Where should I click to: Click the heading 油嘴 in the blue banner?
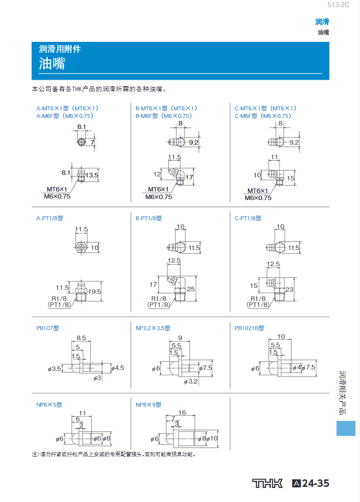[52, 64]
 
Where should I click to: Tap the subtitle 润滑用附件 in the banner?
[60, 49]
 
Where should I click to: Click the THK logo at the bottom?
[267, 483]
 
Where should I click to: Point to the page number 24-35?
[315, 483]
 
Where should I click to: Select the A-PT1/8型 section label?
[49, 218]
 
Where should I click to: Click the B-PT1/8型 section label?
[149, 218]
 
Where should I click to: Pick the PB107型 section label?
[47, 328]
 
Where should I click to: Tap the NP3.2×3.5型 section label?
[153, 328]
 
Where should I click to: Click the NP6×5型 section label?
[49, 405]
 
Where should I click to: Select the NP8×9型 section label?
[148, 405]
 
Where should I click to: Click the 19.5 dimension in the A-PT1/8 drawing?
[95, 291]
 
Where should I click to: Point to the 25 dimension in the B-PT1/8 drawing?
[191, 289]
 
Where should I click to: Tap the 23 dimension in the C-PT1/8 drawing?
[289, 289]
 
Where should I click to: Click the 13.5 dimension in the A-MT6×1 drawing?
[92, 175]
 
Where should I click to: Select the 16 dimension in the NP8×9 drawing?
[182, 412]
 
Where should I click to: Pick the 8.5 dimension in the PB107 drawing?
[81, 338]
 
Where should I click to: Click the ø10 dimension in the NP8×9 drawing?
[213, 439]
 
